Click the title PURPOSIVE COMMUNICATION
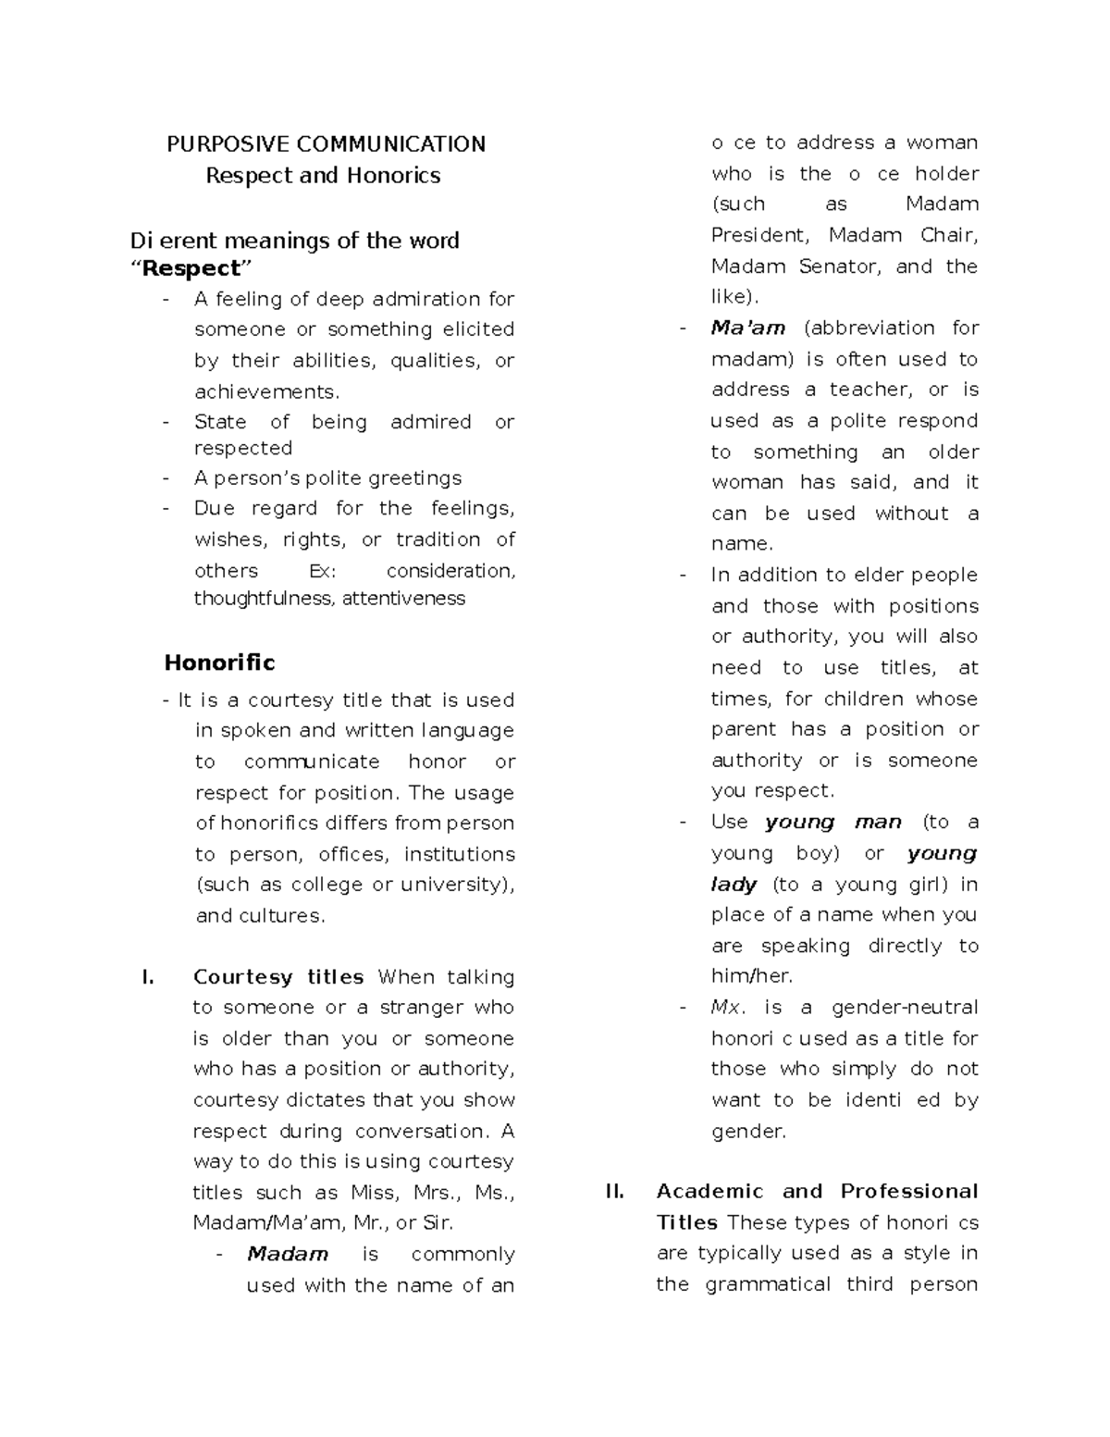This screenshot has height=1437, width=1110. (x=326, y=144)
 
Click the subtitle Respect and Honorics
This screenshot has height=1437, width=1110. (x=323, y=176)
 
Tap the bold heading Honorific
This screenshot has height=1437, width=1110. (x=219, y=663)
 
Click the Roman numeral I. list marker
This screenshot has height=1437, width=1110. (x=146, y=977)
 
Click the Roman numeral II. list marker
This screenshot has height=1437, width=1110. (x=614, y=1191)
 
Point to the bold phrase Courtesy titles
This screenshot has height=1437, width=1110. (x=278, y=977)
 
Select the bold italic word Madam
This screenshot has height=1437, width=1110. (x=288, y=1254)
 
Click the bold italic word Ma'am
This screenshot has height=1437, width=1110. (x=748, y=328)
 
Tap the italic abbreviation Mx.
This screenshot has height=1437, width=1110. (x=728, y=1007)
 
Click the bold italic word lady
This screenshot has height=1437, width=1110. (x=734, y=885)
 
